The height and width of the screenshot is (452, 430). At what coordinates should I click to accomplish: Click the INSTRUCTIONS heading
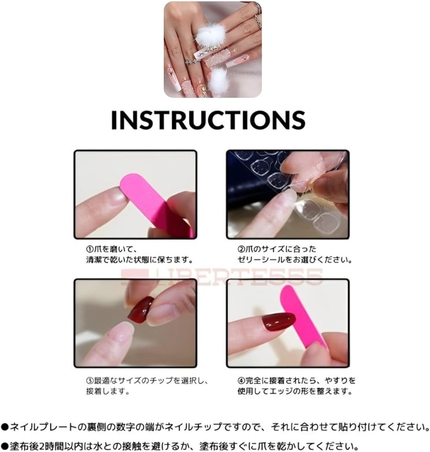click(208, 120)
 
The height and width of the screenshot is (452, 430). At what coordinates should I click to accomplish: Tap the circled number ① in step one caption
click(90, 249)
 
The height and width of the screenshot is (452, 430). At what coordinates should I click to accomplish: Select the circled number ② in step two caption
click(241, 249)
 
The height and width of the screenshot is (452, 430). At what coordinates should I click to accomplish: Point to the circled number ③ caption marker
click(90, 381)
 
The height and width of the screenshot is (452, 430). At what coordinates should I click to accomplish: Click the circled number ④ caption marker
click(241, 381)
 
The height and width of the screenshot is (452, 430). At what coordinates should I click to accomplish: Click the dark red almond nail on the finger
click(278, 321)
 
